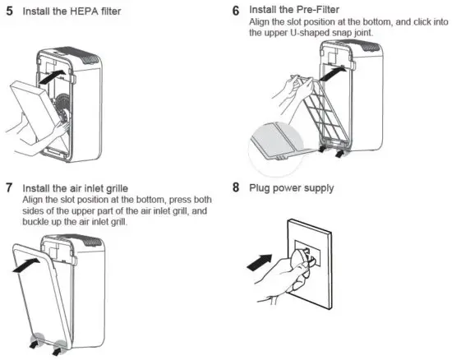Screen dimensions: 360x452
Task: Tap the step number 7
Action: click(x=9, y=188)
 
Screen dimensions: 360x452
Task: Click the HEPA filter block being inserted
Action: click(x=31, y=111)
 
